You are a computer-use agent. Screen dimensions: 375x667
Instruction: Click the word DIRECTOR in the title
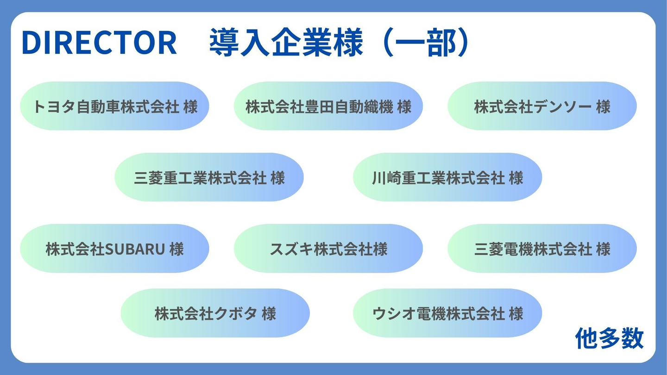coord(99,43)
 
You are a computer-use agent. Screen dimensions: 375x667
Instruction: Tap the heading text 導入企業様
coord(286,43)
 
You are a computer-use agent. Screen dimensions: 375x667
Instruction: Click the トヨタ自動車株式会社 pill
coord(115,106)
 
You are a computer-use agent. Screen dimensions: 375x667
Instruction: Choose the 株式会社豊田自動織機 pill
coord(328,106)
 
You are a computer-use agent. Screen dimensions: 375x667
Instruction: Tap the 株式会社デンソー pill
coord(542,106)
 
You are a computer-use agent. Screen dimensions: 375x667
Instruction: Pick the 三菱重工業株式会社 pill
coord(209,177)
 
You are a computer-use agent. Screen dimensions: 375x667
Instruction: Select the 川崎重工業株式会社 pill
coord(447,177)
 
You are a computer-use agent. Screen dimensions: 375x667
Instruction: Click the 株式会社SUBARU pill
coord(115,249)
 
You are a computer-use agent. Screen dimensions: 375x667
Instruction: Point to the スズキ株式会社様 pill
coord(328,249)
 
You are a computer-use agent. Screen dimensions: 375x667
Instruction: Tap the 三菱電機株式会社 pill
coord(542,249)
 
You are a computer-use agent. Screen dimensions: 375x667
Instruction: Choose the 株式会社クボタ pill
coord(215,313)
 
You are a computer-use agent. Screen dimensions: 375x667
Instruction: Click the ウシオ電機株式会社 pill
coord(447,313)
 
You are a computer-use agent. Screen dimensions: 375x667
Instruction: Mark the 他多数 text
coord(609,338)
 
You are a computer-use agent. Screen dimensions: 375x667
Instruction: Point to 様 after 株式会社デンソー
coord(603,107)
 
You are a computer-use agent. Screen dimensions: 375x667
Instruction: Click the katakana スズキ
coord(291,249)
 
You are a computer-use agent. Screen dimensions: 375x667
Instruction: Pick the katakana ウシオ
coord(394,314)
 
